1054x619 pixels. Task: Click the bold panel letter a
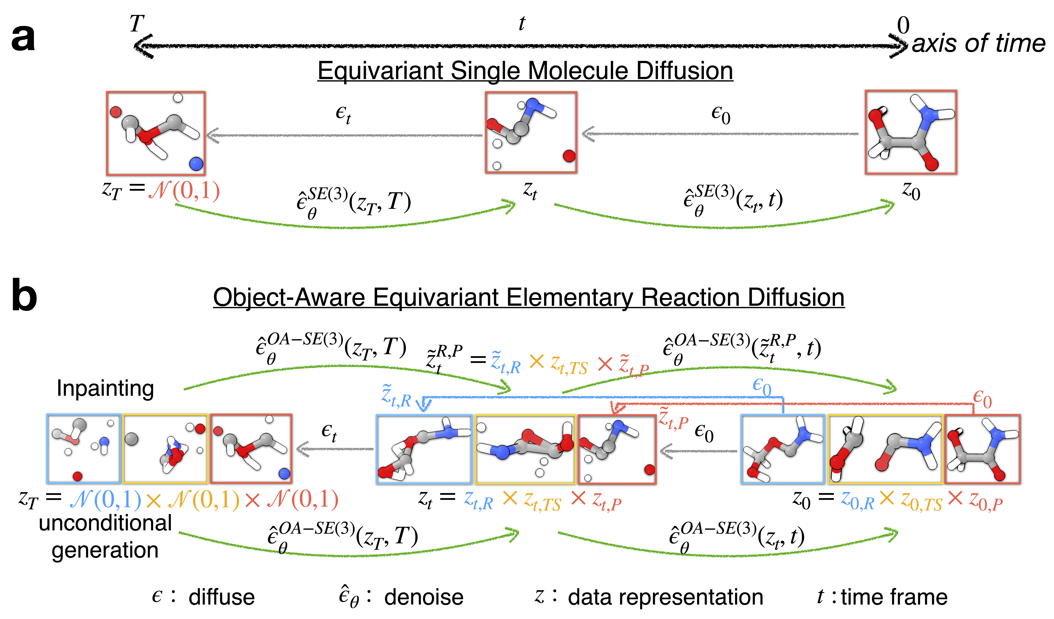(23, 39)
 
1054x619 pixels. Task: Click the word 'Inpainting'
(105, 388)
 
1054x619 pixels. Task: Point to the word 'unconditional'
(105, 523)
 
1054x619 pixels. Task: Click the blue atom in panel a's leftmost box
(196, 163)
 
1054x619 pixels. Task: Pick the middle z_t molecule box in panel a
(531, 132)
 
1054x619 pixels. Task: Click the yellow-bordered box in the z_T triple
(166, 449)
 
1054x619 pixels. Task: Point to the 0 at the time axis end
(903, 26)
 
